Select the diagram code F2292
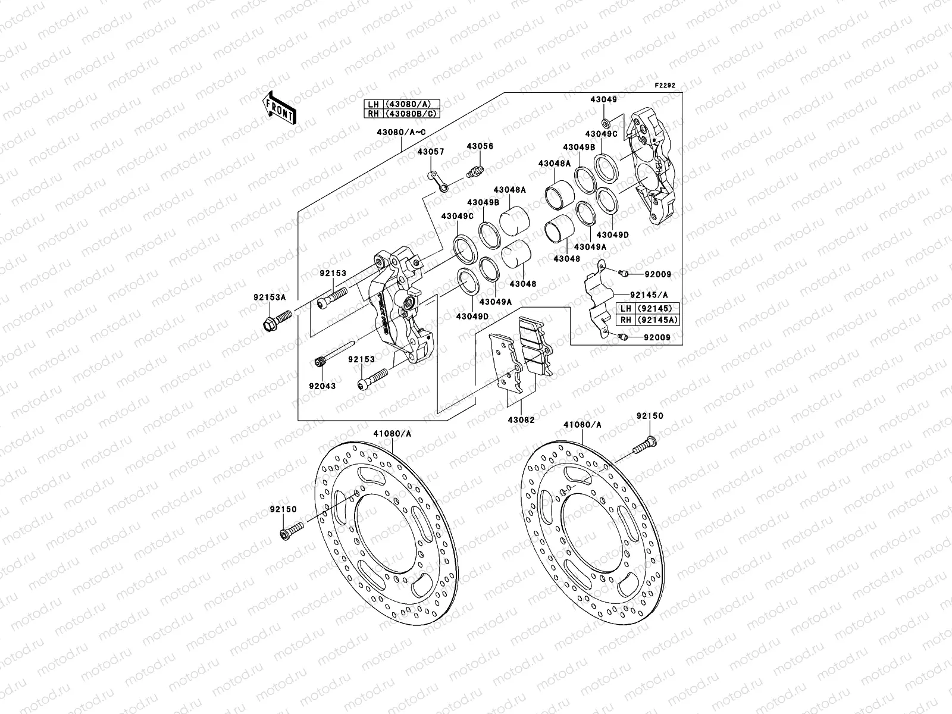666,86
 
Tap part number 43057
430,152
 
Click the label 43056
480,146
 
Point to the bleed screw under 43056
475,173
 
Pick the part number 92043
322,386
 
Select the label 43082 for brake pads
521,419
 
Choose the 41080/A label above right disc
583,425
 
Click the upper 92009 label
657,274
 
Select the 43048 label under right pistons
566,259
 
